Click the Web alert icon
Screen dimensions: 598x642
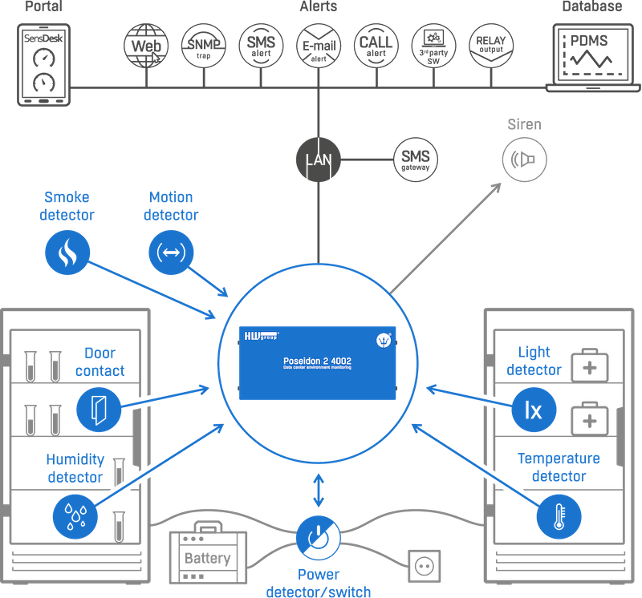pyautogui.click(x=146, y=45)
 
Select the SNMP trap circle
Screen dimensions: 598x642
pyautogui.click(x=204, y=45)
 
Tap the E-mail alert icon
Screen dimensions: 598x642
pyautogui.click(x=319, y=45)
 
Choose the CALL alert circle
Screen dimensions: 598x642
pyautogui.click(x=376, y=45)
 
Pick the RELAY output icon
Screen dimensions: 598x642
pyautogui.click(x=490, y=45)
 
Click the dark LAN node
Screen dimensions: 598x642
pyautogui.click(x=319, y=160)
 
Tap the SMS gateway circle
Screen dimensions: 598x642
pyautogui.click(x=415, y=160)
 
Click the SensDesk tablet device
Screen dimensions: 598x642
pyautogui.click(x=44, y=64)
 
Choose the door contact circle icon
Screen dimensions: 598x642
pyautogui.click(x=99, y=410)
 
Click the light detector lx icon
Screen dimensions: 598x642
pyautogui.click(x=534, y=409)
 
